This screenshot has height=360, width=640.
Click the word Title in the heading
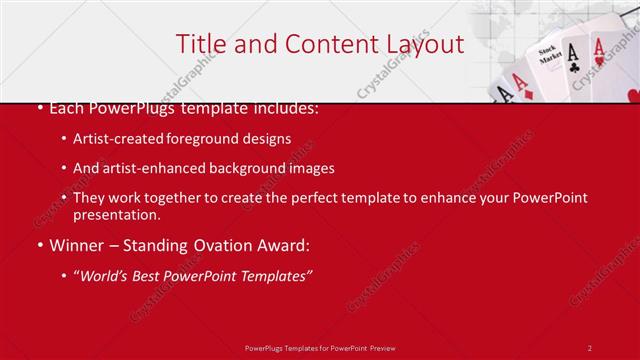(x=200, y=44)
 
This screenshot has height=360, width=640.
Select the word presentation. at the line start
(x=116, y=215)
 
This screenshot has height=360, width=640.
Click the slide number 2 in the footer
(x=590, y=347)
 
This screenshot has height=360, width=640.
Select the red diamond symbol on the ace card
(x=526, y=92)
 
